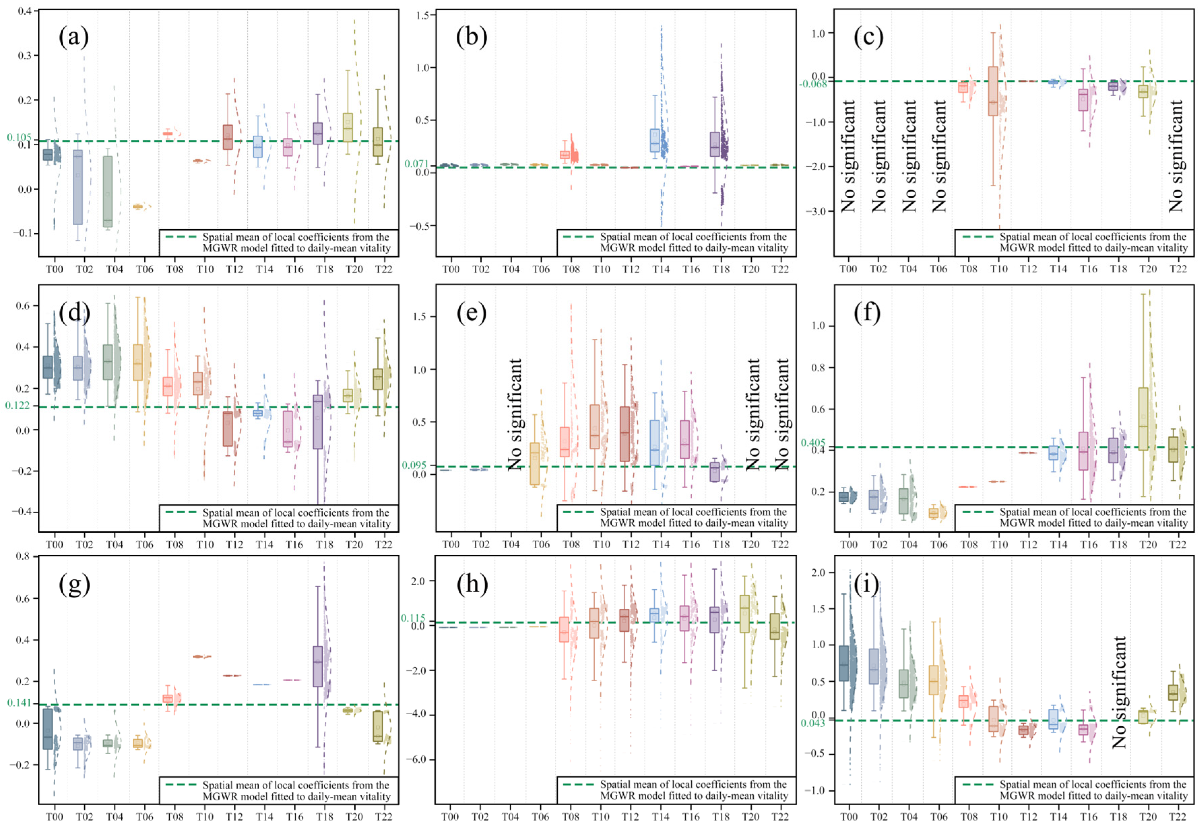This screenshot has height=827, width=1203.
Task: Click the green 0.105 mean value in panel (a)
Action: click(19, 137)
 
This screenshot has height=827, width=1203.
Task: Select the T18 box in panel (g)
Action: click(317, 666)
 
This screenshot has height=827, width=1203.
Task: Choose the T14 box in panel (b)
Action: click(655, 140)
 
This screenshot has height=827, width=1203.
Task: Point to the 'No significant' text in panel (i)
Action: click(1119, 692)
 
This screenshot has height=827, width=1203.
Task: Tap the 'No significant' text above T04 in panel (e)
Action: click(514, 415)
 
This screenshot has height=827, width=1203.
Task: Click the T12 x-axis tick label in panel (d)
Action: click(234, 544)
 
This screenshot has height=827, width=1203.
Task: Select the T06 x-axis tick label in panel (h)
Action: click(540, 817)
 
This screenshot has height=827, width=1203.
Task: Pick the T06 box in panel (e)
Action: click(535, 464)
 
